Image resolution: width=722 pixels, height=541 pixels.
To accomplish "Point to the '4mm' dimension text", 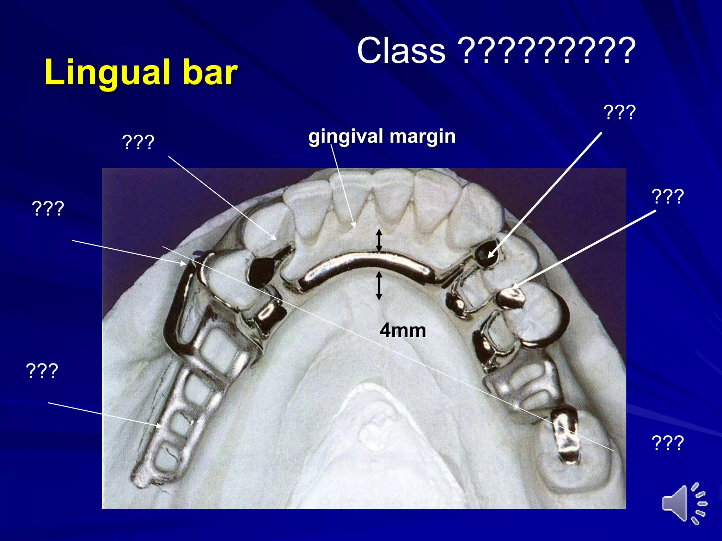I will point(403,330).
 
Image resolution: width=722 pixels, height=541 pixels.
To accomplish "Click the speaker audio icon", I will point(684,503).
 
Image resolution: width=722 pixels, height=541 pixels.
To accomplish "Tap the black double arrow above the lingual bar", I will point(379,240).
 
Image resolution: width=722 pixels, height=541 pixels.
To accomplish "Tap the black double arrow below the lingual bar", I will point(379,285).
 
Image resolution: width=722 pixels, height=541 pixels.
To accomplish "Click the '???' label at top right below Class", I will point(619,112).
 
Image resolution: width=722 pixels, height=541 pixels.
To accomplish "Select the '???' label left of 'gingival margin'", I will point(138,143).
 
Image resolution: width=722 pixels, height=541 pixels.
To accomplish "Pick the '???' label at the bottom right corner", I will point(668,442).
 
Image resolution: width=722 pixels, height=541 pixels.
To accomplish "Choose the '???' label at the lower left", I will point(42,371).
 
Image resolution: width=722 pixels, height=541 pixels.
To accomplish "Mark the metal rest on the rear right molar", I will point(566,437).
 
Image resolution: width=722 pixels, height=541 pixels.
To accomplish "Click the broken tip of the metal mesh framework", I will point(143,479).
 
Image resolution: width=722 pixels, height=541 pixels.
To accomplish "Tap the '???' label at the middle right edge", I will point(668,196).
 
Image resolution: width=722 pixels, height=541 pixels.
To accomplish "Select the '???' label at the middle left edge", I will point(48,208).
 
